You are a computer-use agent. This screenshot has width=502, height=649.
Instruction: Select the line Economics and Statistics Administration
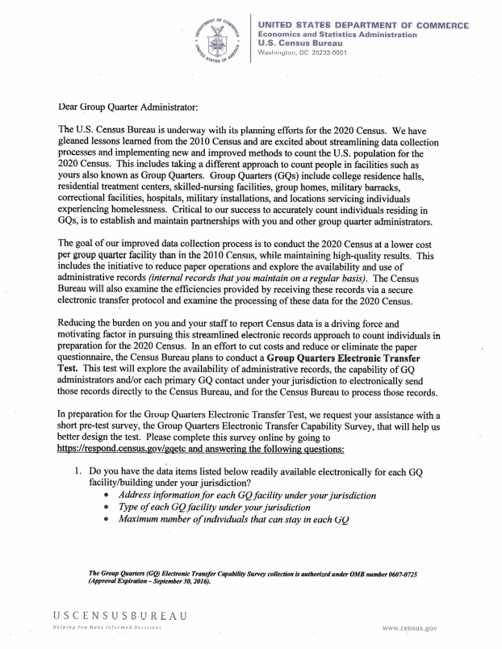coord(337,35)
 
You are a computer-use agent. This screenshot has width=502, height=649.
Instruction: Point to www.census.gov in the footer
coord(411,627)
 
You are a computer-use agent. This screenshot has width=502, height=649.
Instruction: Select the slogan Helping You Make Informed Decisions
coord(108,627)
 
